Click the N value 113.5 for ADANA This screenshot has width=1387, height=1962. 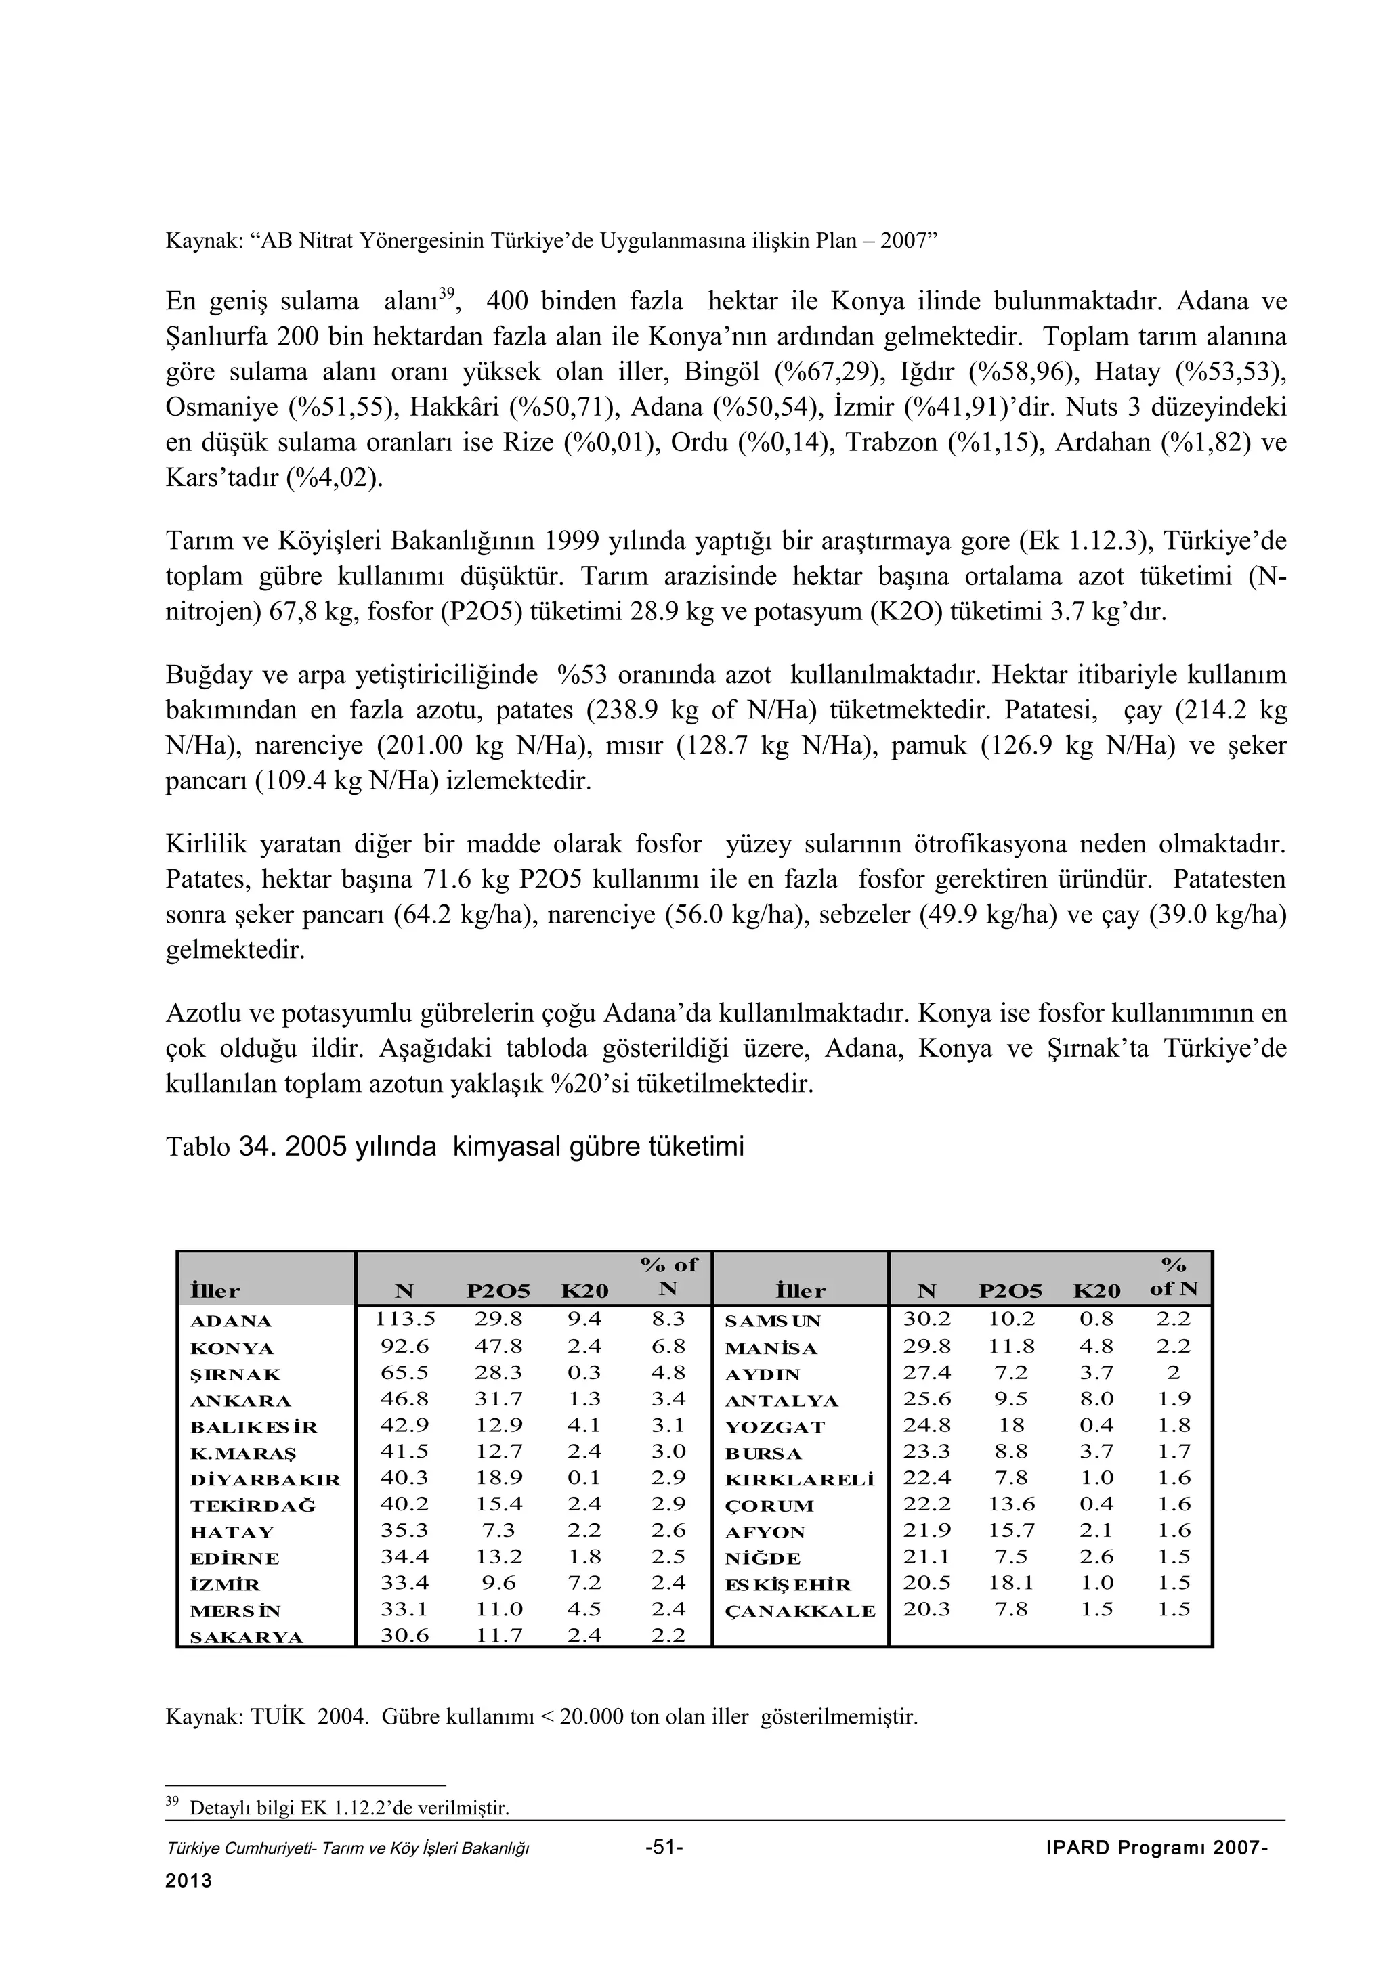[x=405, y=1319]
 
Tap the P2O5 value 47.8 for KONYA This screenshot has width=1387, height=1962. [x=498, y=1346]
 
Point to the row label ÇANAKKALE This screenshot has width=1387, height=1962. [x=800, y=1611]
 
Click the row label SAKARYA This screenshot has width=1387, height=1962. [x=246, y=1637]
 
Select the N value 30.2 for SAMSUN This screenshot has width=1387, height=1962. [x=927, y=1319]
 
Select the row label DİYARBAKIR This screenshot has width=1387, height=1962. [x=265, y=1479]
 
